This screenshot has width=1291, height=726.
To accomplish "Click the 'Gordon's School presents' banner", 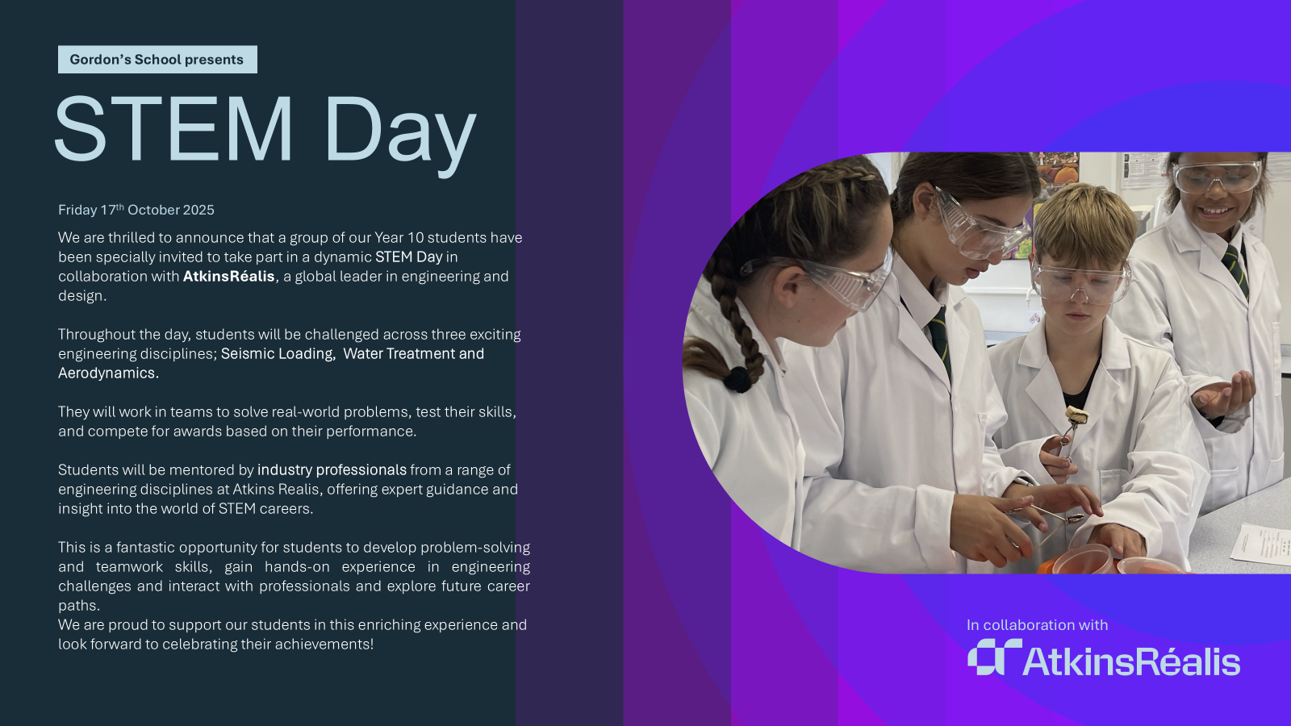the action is [x=157, y=60].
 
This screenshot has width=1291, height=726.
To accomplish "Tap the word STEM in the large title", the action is [x=173, y=129].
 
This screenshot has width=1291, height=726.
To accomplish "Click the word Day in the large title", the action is [x=400, y=136].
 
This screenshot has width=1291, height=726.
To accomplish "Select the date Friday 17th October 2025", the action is [x=136, y=209].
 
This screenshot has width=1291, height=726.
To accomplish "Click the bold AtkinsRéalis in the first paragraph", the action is [x=229, y=276].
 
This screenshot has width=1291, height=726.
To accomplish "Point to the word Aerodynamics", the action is [x=108, y=373].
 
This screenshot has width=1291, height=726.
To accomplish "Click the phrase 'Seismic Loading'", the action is [x=278, y=353].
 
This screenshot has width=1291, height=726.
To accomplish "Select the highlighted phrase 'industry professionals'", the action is [x=332, y=469].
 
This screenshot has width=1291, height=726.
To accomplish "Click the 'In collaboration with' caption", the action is [x=1037, y=624].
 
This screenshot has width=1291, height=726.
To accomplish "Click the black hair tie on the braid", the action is [x=737, y=380].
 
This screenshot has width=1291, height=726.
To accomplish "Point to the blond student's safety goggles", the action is [x=1079, y=282].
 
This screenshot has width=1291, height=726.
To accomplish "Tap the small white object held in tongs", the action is [x=1076, y=415].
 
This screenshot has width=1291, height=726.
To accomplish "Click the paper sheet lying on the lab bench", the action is [x=1262, y=544].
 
